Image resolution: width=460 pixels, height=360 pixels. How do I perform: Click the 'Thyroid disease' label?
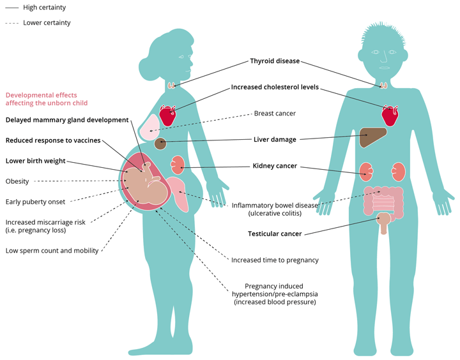click(x=274, y=62)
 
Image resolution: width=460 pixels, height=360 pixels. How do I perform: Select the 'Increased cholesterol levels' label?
click(x=275, y=87)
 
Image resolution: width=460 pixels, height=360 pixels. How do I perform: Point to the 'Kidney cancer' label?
click(x=275, y=166)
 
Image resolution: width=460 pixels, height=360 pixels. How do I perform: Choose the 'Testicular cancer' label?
click(x=275, y=234)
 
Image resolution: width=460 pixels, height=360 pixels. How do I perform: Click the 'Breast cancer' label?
click(x=275, y=113)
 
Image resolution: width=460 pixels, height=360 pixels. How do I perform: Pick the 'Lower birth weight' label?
click(x=36, y=161)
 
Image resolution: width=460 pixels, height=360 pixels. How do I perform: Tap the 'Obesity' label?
click(x=17, y=181)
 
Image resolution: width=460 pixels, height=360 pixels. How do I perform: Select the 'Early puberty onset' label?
click(x=36, y=202)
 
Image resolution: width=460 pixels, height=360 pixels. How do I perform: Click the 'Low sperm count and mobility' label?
click(x=52, y=251)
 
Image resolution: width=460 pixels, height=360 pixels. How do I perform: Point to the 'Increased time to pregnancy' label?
click(x=275, y=260)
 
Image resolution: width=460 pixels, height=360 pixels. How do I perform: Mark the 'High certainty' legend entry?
click(x=44, y=8)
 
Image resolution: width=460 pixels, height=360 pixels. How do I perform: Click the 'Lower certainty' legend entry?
click(x=47, y=23)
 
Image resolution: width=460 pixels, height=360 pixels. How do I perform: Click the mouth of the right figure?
click(x=384, y=67)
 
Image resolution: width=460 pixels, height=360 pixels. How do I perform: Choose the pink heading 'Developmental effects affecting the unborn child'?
click(x=47, y=99)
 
